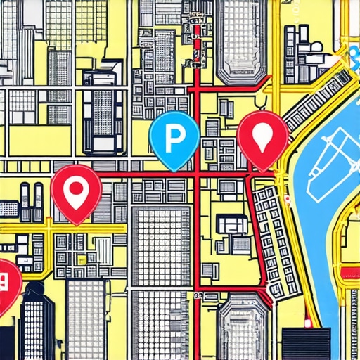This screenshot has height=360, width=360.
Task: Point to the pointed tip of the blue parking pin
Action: tap(174, 169)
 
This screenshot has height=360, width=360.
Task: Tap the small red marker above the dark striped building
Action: tap(307, 323)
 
